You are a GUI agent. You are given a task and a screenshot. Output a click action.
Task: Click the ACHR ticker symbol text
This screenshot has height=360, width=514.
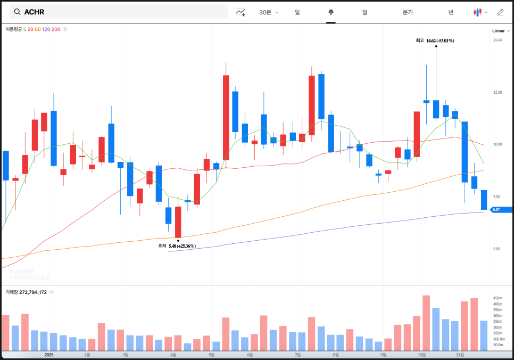[34, 12]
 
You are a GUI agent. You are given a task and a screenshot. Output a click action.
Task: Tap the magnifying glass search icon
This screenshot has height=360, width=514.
[17, 12]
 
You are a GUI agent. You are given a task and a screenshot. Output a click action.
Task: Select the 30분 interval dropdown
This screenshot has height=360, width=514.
[268, 12]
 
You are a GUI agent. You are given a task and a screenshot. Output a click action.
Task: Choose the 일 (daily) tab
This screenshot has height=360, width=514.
[297, 12]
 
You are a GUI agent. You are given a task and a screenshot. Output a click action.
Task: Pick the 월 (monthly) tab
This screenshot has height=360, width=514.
[364, 12]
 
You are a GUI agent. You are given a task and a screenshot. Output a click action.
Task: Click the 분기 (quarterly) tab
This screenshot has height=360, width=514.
[408, 12]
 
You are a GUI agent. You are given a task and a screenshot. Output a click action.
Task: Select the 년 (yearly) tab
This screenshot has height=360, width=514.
[451, 12]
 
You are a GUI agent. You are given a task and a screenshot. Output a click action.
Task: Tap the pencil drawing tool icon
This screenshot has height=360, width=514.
[500, 12]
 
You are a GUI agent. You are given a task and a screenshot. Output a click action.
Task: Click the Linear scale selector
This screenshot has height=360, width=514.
[500, 31]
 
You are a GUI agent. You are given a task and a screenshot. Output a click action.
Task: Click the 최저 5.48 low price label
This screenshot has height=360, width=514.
[177, 246]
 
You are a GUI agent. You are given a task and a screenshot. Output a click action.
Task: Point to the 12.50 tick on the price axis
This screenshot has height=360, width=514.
[497, 93]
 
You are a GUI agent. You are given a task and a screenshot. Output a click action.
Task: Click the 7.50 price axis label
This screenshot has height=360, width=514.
[496, 197]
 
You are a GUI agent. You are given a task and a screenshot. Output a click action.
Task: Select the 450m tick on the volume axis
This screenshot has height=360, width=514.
[498, 298]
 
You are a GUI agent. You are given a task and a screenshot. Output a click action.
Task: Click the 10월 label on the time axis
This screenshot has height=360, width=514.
[421, 355]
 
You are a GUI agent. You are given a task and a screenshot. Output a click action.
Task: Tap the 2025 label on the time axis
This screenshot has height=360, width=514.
[49, 355]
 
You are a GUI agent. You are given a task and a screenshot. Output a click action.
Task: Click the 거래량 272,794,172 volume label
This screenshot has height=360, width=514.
[26, 292]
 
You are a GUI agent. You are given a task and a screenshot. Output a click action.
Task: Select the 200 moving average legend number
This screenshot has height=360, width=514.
[56, 29]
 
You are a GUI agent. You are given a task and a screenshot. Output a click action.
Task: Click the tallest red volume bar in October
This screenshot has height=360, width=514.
[426, 323]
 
